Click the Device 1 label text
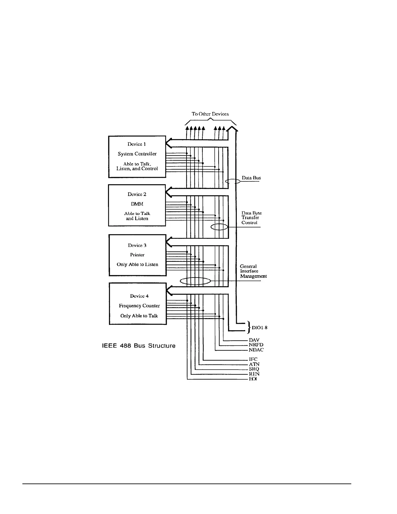point(137,144)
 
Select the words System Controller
point(137,154)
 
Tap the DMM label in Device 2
point(137,204)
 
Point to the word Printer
point(137,255)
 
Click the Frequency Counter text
point(139,306)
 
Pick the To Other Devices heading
point(210,114)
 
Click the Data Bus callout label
point(251,178)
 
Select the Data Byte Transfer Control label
point(251,218)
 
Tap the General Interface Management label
point(253,271)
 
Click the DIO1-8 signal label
point(259,328)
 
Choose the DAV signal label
point(254,340)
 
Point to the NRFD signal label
point(256,345)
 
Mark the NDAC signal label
point(256,350)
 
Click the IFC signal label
point(253,359)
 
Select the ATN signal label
point(254,364)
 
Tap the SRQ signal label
point(254,369)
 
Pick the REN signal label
point(254,374)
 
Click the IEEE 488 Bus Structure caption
point(139,346)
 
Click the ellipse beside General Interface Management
point(195,281)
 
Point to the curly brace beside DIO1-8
point(249,327)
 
